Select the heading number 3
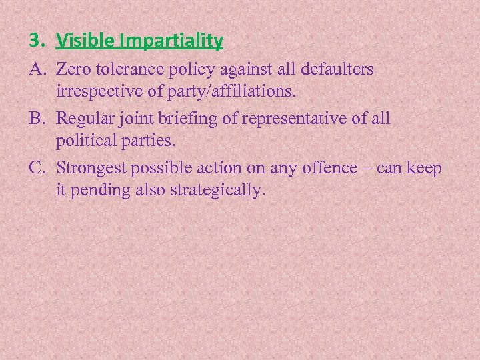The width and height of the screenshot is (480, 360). point(34,41)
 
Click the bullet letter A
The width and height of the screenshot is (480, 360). point(36,69)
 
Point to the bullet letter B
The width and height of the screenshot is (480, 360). point(36,119)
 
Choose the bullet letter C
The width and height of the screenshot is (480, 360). point(36,168)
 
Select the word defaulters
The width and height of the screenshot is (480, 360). point(338,69)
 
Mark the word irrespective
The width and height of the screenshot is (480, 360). point(97,91)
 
